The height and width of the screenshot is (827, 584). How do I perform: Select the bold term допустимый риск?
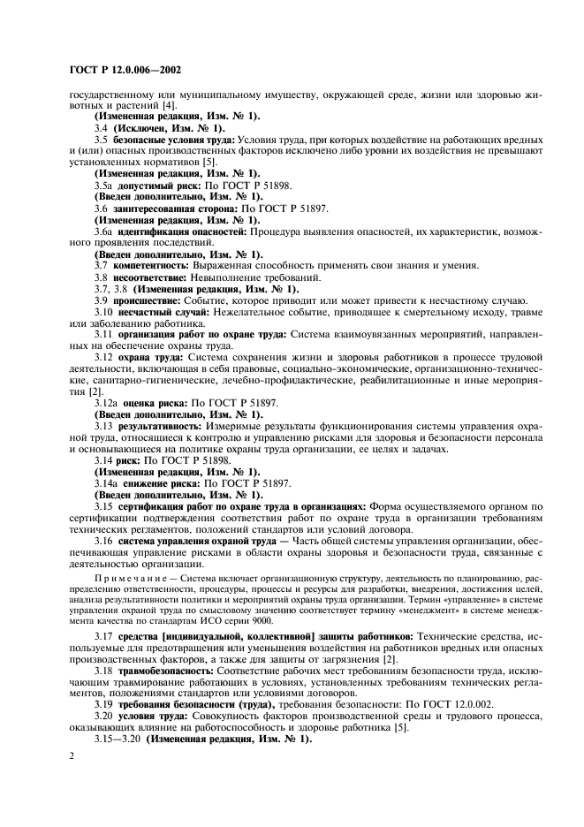coord(155,186)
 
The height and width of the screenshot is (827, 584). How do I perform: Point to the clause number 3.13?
coord(104,426)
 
